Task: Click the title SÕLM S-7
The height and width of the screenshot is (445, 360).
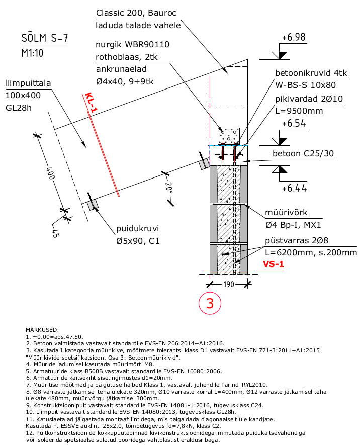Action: pos(45,38)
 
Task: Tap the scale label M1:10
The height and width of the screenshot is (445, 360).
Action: pos(32,53)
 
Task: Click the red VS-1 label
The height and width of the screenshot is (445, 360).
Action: pos(273,264)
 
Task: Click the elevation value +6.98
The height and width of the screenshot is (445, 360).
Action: pos(294,37)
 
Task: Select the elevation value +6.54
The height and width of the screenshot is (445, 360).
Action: pos(294,123)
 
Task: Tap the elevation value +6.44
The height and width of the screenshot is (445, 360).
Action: pos(294,188)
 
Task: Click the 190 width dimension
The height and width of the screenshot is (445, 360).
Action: pos(229,284)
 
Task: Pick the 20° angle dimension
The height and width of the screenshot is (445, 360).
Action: pos(169,188)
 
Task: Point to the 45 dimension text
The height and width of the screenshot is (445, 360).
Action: pos(55,233)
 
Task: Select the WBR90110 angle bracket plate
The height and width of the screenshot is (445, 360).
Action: pos(229,136)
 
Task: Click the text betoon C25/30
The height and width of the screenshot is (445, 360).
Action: pos(303,153)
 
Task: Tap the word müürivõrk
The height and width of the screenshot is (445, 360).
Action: pos(286,212)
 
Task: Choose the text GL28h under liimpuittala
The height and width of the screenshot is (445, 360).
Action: pos(19,108)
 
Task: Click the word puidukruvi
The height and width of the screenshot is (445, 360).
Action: pos(137,229)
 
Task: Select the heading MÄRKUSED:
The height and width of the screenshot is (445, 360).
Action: pos(42,330)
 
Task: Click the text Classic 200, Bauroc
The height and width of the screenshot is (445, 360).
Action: pos(136,13)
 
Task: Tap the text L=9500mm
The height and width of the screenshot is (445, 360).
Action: pos(299,111)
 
